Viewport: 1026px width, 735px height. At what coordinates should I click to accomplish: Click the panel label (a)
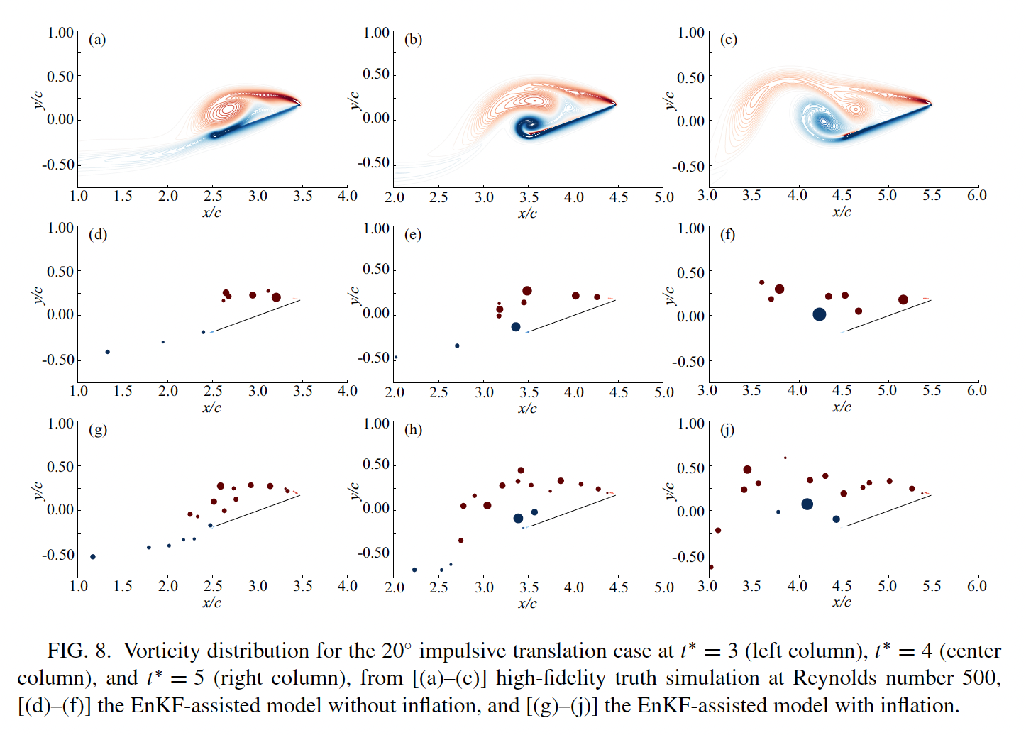(97, 40)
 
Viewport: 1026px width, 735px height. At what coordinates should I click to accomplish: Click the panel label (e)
(413, 235)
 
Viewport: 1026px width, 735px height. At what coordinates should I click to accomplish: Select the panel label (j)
(727, 430)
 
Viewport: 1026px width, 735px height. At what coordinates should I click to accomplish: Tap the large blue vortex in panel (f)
(820, 314)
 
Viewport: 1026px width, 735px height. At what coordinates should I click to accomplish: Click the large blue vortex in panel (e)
(516, 327)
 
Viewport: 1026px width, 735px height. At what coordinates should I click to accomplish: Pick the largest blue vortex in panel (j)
(807, 504)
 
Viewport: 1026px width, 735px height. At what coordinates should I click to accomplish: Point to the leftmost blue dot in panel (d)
(107, 352)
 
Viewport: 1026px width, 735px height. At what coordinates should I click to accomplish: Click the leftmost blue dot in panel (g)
(93, 557)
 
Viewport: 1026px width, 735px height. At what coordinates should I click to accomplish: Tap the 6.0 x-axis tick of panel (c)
(976, 195)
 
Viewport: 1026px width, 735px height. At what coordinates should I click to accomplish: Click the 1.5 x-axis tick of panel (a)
(123, 196)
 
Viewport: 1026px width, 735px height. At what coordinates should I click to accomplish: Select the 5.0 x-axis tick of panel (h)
(663, 587)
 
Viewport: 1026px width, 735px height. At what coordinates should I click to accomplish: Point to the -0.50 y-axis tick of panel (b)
(373, 162)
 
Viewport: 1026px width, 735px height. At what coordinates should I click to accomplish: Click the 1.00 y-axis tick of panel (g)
(60, 424)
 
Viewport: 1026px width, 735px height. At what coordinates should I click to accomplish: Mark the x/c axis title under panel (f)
(842, 407)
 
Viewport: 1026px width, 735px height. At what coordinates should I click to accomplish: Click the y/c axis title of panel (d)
(38, 294)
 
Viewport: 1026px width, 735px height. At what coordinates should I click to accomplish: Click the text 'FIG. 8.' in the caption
(79, 651)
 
